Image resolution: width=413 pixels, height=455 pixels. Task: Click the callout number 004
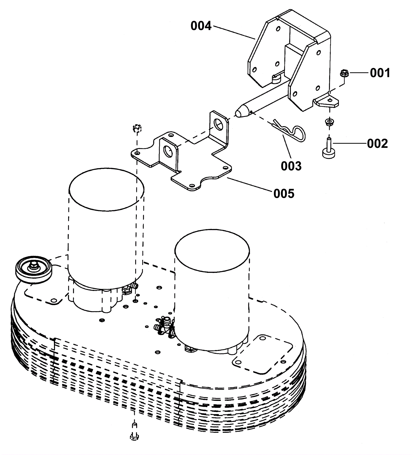coord(201,26)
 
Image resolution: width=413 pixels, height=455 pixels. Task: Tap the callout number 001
coord(380,73)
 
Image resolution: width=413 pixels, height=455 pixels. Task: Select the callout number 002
coord(377,143)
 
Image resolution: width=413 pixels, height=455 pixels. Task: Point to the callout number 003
coord(291,166)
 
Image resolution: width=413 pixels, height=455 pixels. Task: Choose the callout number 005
coord(284,193)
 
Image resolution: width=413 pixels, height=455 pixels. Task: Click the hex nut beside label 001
coord(344,73)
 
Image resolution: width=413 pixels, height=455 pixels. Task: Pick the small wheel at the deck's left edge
coord(34,270)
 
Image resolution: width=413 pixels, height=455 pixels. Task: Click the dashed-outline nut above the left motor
coord(137,128)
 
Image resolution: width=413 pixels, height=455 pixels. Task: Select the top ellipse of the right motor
coord(212,250)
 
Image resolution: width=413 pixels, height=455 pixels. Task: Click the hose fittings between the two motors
coord(164,326)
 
